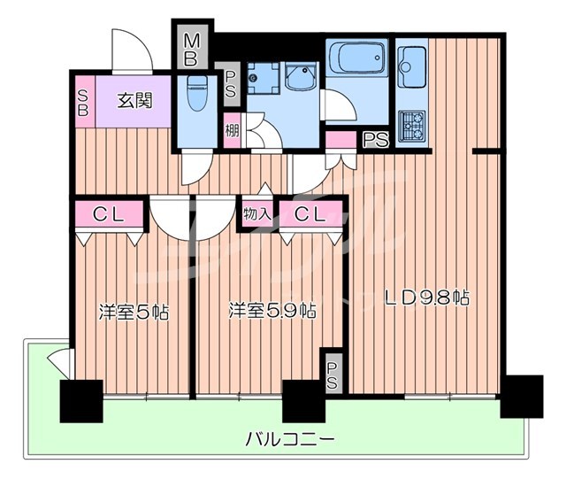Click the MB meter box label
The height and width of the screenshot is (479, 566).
coord(192,50)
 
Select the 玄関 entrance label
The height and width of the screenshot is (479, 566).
coord(134,100)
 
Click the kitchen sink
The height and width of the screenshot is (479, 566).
coord(411,62)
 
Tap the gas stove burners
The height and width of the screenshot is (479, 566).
coord(411,125)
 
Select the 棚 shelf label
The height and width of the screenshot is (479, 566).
coord(232,132)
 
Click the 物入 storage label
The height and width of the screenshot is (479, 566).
coord(256,213)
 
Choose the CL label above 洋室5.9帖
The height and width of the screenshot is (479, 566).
coord(310,213)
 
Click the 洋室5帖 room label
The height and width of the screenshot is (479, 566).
coord(133,312)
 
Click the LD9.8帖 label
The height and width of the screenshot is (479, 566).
coord(425,298)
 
